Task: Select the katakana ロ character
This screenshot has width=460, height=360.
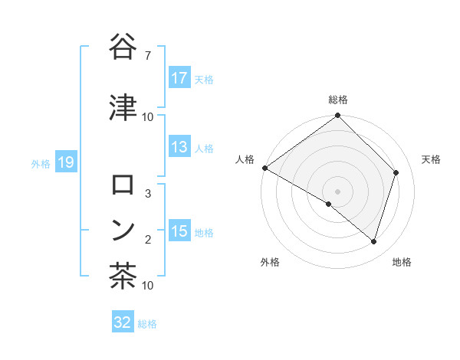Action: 123,184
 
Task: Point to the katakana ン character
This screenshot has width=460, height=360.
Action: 123,229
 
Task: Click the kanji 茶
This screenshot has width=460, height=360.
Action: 123,276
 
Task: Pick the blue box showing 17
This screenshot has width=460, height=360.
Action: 179,78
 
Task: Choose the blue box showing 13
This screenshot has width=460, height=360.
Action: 179,148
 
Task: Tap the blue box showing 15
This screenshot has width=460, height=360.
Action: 179,231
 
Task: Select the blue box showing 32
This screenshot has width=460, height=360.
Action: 123,322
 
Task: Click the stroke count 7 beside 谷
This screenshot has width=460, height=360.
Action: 147,55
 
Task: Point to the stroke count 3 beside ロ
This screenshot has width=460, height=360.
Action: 147,194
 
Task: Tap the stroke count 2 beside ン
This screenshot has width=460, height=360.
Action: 147,240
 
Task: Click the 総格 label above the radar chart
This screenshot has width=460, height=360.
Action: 337,100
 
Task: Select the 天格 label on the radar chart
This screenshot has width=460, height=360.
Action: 431,159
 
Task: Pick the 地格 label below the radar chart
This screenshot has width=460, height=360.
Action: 402,262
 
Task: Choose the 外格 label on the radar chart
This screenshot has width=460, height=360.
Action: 270,262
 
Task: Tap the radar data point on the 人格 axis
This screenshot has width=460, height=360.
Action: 264,168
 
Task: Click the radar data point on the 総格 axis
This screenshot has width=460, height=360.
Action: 337,116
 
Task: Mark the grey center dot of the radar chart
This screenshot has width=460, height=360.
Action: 337,191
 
